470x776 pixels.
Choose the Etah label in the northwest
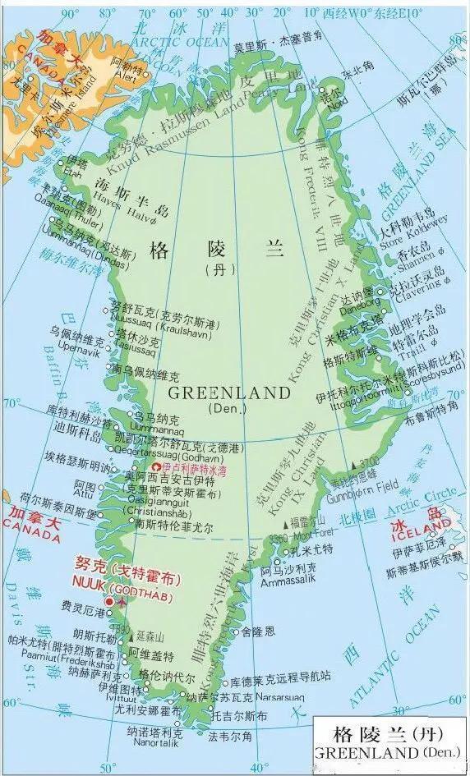(74, 173)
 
